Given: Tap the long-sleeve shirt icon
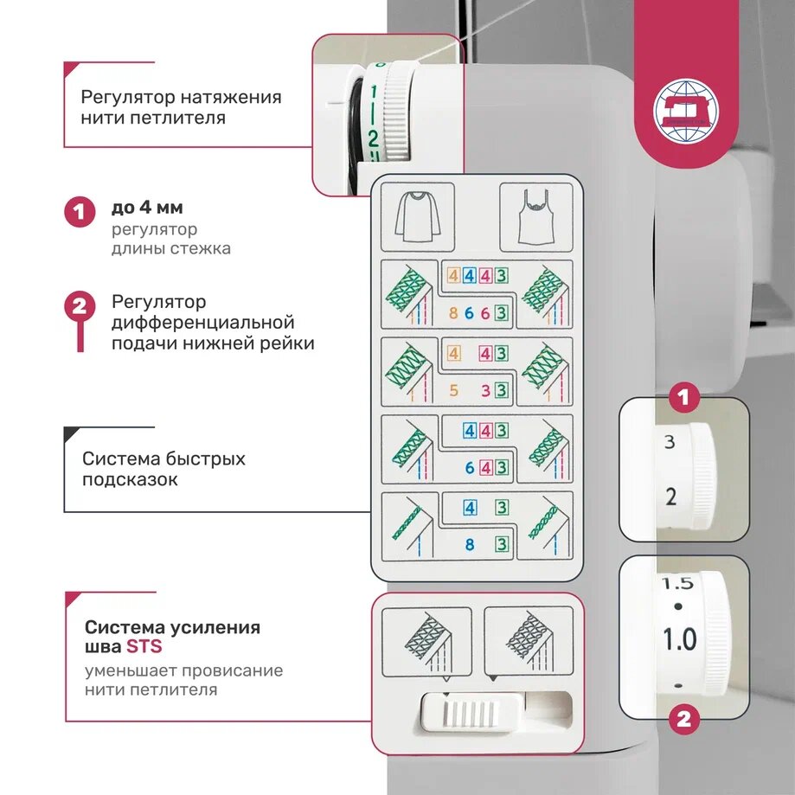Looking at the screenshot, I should [418, 217].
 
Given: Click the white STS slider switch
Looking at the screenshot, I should [472, 714].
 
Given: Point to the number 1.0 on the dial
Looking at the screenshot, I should [679, 640].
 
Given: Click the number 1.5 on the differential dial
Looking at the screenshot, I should [677, 584].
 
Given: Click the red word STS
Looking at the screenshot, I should [144, 646].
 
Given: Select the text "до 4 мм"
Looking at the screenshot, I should [147, 208].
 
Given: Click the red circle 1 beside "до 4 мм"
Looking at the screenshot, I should [80, 211].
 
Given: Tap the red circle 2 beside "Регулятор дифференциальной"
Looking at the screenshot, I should [80, 307].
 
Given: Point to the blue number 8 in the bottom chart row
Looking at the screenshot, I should [470, 545].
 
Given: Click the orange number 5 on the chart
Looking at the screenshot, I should [454, 390].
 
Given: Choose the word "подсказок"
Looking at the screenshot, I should [130, 479].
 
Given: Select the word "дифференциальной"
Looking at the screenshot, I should [203, 323].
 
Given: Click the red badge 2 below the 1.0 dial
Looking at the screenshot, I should [683, 720].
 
